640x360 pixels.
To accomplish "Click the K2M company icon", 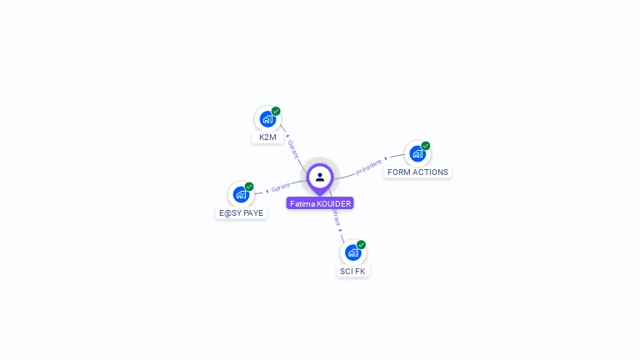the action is click(267, 119).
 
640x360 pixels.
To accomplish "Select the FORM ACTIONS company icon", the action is click(417, 154).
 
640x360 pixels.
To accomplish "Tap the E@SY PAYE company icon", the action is click(241, 195).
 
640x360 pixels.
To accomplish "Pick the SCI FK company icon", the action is click(352, 252).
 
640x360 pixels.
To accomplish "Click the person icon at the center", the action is click(320, 177).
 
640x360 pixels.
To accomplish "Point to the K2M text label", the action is click(267, 137).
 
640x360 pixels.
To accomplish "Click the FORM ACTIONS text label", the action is click(417, 172).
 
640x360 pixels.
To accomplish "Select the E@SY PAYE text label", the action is click(241, 213).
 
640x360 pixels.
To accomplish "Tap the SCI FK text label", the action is click(352, 272).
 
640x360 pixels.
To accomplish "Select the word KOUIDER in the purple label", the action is click(333, 203).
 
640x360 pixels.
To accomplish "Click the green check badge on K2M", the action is click(276, 111).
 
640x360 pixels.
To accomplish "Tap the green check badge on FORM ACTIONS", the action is click(426, 146).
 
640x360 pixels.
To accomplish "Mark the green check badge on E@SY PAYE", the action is click(249, 187).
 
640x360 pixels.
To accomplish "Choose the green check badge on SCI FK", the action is click(361, 244).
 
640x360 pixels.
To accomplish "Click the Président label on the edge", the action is click(368, 167).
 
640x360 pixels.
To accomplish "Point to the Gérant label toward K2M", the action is click(292, 148).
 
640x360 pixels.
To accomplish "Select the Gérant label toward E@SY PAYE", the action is click(281, 188).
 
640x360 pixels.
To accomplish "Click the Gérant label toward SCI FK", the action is click(336, 218).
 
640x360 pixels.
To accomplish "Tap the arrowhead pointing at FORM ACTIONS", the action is click(386, 158).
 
